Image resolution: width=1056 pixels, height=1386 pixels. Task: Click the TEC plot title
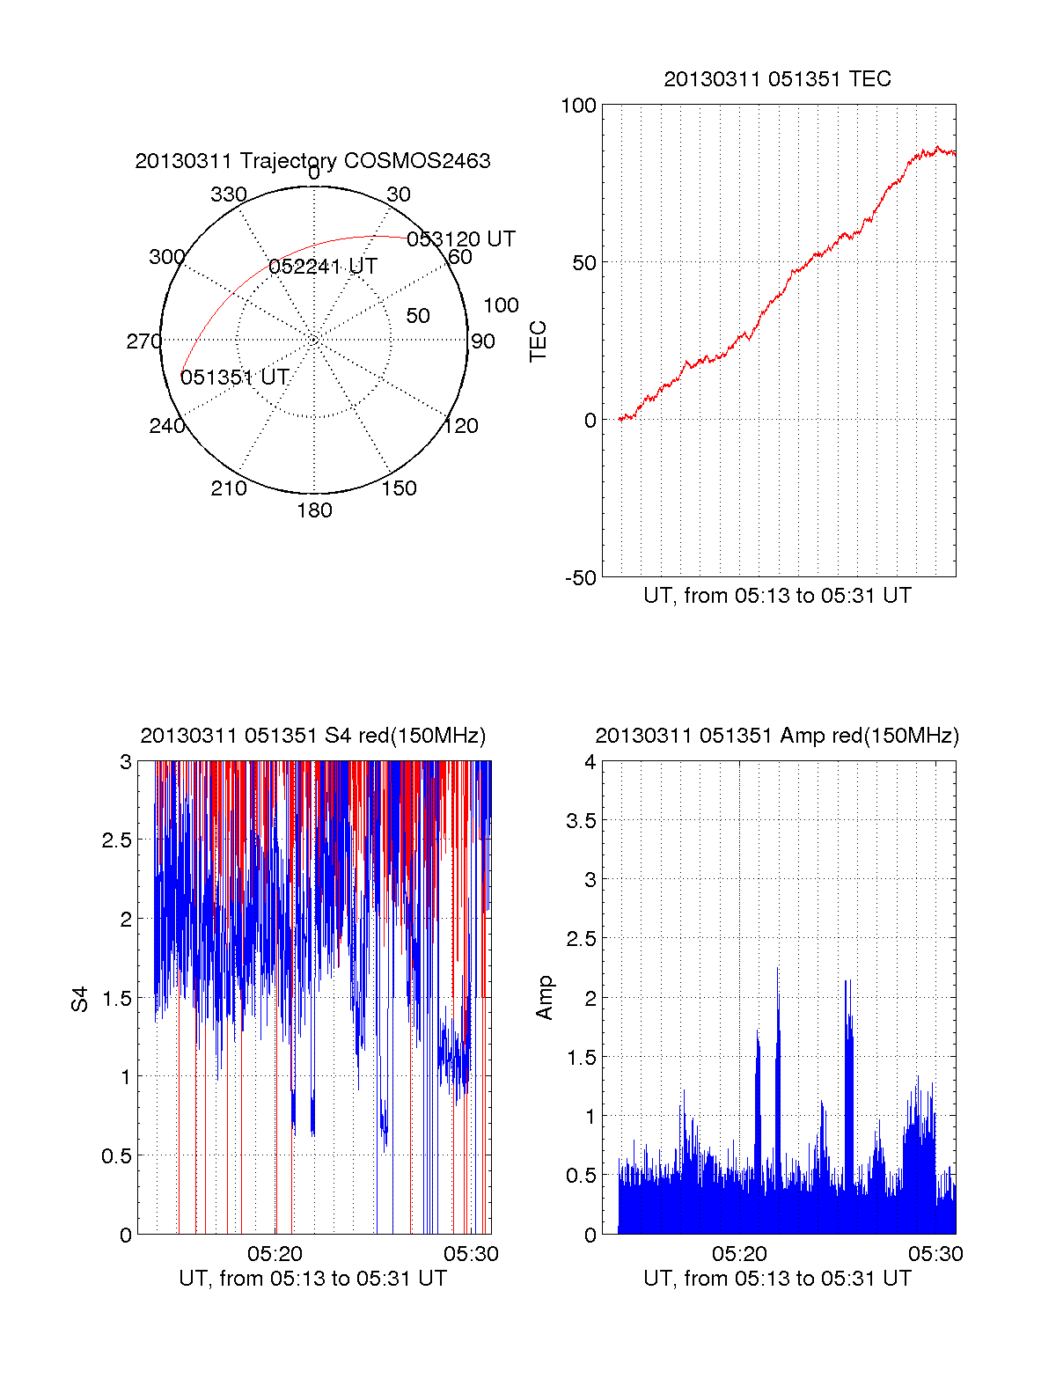point(777,79)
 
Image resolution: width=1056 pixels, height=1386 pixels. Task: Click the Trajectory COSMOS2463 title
point(312,161)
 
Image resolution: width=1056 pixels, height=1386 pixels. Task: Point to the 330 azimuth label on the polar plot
point(228,194)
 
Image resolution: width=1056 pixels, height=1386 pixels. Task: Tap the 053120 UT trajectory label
point(460,239)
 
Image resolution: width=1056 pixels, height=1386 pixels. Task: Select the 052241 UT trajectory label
point(323,267)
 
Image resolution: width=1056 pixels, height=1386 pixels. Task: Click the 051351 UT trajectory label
point(235,378)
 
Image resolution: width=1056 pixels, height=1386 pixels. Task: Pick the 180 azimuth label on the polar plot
point(314,510)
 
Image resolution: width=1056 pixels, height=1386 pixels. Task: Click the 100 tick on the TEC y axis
point(578,106)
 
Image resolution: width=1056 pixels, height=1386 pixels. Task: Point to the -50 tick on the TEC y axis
point(580,578)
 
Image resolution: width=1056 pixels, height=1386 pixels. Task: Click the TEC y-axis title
point(539,341)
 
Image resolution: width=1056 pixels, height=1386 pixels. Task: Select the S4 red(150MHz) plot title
point(312,736)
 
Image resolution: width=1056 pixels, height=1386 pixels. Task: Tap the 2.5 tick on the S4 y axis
point(116,840)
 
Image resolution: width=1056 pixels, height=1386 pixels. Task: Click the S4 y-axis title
point(80,999)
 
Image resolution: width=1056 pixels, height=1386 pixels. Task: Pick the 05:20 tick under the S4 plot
point(275,1254)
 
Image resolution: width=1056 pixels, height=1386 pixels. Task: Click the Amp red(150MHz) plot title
point(777,736)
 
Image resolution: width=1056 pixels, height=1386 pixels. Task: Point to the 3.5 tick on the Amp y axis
point(581,821)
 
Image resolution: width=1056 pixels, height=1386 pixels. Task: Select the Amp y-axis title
point(545,997)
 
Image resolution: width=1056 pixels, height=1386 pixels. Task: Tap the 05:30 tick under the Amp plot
point(935,1254)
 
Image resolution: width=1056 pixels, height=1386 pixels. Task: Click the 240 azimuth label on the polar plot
point(166,426)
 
